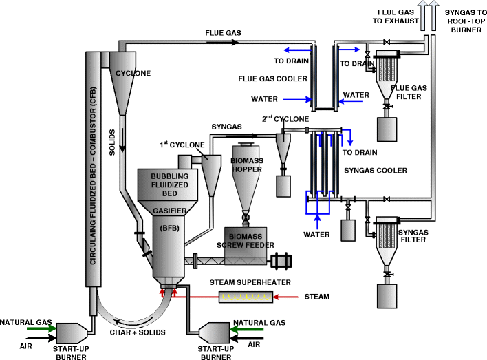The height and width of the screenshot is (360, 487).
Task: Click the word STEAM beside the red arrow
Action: (316, 297)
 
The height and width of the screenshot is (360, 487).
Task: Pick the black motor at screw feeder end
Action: (281, 261)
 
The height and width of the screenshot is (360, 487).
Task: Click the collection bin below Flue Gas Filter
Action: (387, 129)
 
